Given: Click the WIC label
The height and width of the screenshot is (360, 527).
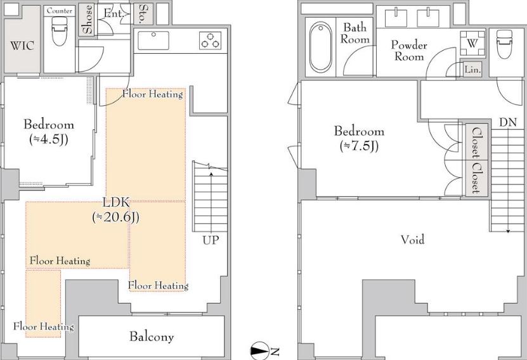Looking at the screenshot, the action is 22,46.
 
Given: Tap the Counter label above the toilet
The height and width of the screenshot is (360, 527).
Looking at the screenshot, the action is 60,11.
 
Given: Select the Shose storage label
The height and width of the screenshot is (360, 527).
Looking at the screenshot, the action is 88,19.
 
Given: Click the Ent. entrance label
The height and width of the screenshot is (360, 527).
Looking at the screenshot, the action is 114,13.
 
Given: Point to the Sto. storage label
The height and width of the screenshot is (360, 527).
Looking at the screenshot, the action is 143,13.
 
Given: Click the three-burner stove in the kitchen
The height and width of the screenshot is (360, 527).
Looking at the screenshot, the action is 211,41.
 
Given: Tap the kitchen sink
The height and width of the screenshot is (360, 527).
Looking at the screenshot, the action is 153,41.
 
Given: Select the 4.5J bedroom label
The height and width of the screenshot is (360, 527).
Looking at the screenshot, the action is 49,131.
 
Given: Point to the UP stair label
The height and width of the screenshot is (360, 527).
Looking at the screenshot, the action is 211,240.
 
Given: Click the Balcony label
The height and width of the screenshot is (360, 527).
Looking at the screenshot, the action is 152,337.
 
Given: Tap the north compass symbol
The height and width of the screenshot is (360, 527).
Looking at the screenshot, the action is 259,351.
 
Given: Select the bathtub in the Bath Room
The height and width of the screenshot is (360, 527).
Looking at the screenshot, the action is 321,47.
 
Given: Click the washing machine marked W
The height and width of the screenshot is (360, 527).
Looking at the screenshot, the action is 472,43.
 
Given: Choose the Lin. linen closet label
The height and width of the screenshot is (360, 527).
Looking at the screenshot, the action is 472,70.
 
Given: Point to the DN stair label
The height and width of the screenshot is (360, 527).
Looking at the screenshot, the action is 508,122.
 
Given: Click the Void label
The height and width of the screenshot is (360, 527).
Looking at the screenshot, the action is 412,240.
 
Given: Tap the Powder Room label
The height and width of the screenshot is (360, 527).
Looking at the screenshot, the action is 409,50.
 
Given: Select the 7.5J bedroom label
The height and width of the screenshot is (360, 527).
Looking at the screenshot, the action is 360,138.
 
